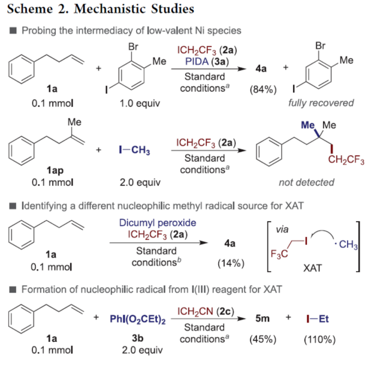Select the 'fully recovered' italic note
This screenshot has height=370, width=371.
pyautogui.click(x=321, y=103)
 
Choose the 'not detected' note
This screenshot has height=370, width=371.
pyautogui.click(x=303, y=182)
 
